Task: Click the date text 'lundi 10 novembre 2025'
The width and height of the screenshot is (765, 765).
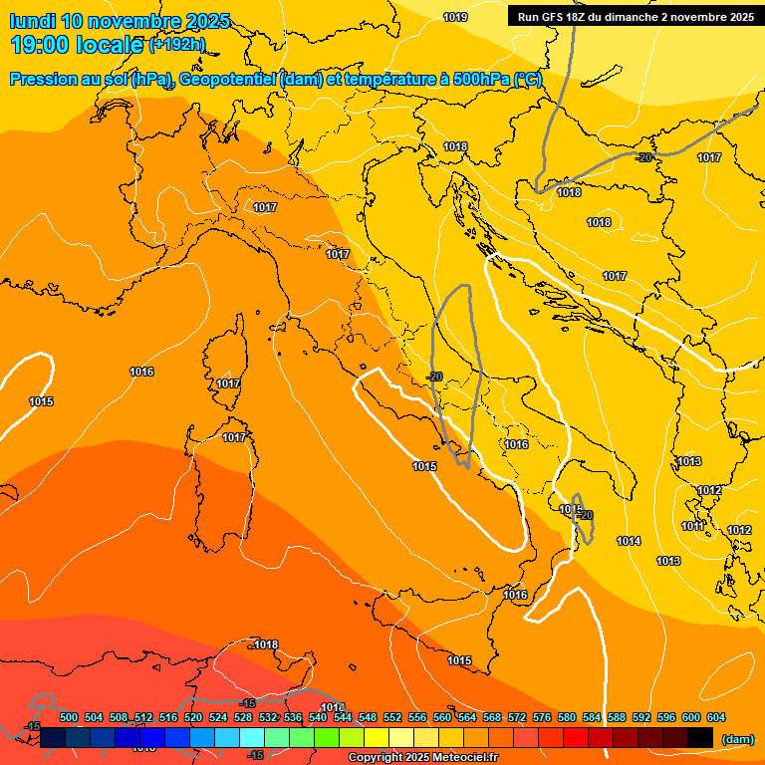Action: pyautogui.click(x=120, y=21)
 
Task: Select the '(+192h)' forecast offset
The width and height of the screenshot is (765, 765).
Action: pyautogui.click(x=177, y=45)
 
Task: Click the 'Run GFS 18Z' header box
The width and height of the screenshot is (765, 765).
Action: pyautogui.click(x=636, y=17)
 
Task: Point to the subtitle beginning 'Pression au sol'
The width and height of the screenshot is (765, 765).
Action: pyautogui.click(x=275, y=79)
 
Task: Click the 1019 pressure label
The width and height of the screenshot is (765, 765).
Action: pyautogui.click(x=455, y=17)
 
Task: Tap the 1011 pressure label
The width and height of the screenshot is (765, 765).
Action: pyautogui.click(x=692, y=526)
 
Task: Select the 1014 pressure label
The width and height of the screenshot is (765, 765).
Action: pyautogui.click(x=629, y=541)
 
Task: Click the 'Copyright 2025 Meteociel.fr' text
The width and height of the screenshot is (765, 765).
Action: pyautogui.click(x=423, y=758)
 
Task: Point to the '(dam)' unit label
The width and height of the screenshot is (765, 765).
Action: pyautogui.click(x=737, y=738)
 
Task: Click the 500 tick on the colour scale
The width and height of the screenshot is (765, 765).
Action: pyautogui.click(x=69, y=717)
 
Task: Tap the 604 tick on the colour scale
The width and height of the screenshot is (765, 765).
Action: pyautogui.click(x=716, y=717)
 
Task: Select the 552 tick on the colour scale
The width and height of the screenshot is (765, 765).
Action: pyautogui.click(x=392, y=717)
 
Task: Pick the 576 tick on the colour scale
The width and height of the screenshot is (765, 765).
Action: pyautogui.click(x=542, y=717)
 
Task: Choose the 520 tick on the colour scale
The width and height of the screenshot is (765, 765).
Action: pyautogui.click(x=193, y=717)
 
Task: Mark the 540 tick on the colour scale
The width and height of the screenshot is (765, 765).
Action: pyautogui.click(x=318, y=717)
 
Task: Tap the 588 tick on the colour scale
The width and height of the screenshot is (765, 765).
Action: pyautogui.click(x=617, y=717)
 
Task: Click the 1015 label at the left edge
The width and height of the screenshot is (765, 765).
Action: pyautogui.click(x=41, y=401)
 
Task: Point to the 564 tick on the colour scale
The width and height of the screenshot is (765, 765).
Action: pyautogui.click(x=467, y=717)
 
